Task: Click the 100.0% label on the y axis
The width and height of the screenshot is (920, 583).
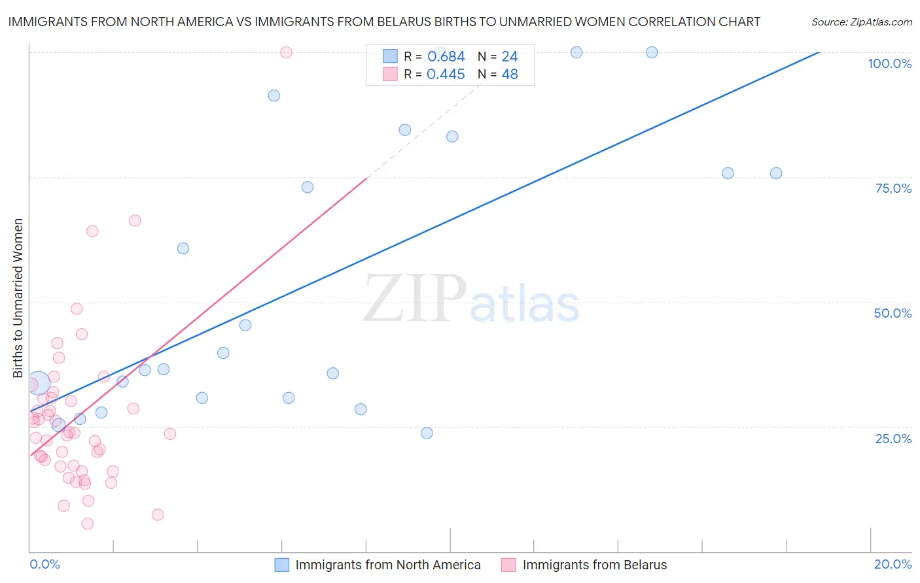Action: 889,63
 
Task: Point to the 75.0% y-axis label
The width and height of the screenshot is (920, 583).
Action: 893,188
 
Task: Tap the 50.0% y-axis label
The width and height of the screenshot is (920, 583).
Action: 893,313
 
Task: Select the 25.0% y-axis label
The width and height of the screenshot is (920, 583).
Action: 893,438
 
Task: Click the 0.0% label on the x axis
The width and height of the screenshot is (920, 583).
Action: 44,564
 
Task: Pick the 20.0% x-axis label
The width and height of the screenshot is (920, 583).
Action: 893,564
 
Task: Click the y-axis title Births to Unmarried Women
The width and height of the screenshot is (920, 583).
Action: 18,298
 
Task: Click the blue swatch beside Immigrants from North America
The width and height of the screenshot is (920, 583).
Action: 282,565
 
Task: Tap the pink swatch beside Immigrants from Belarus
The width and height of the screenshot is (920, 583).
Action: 508,565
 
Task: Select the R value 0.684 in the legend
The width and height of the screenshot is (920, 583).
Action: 446,57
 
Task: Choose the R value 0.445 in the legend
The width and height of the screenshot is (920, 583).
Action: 446,75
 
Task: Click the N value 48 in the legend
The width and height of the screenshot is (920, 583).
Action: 510,75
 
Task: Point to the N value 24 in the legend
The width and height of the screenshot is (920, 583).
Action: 510,57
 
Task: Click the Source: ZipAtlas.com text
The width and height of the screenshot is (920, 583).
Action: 861,22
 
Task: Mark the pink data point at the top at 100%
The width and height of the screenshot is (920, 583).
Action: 286,52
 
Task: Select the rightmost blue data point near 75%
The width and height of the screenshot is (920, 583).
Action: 776,173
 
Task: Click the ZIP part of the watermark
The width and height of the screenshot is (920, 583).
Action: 415,298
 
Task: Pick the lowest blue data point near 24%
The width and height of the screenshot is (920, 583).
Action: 427,433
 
